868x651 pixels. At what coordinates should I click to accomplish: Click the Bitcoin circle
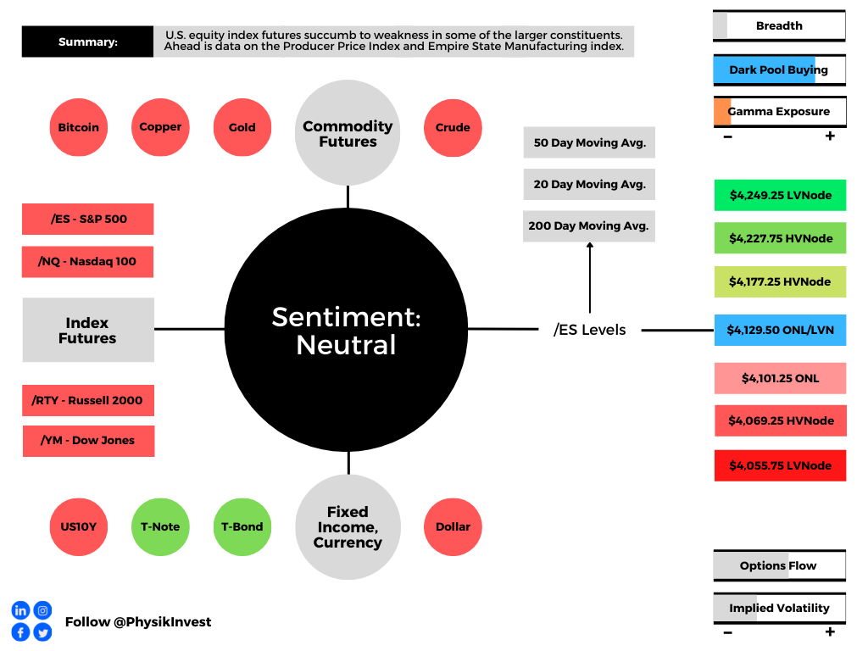(79, 127)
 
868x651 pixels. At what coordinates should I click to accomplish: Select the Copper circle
(160, 127)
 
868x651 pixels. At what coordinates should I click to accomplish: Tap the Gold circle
(242, 127)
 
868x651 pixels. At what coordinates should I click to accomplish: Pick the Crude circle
(453, 128)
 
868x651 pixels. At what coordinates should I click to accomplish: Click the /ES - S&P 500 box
(88, 220)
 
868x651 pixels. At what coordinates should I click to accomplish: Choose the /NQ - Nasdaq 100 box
(87, 262)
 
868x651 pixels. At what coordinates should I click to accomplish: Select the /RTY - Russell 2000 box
(88, 400)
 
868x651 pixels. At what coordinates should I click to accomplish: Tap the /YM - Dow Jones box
(88, 441)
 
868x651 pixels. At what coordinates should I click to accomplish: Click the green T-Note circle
(160, 527)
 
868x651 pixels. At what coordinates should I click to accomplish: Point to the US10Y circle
(79, 527)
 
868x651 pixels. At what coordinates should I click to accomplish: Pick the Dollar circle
(453, 527)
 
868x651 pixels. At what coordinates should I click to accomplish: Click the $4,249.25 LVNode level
(780, 196)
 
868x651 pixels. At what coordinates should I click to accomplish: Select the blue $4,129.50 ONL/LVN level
(780, 330)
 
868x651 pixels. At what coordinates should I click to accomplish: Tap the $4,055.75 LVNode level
(780, 465)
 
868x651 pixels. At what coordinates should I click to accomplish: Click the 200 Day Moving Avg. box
(589, 225)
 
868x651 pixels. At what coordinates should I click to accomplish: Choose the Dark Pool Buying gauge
(780, 70)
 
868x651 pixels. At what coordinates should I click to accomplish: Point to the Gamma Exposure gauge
(780, 112)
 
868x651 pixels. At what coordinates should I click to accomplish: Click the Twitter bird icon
(42, 632)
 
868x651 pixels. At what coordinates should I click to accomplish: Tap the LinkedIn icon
(20, 610)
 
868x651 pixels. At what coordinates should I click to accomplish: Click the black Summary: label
(87, 42)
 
